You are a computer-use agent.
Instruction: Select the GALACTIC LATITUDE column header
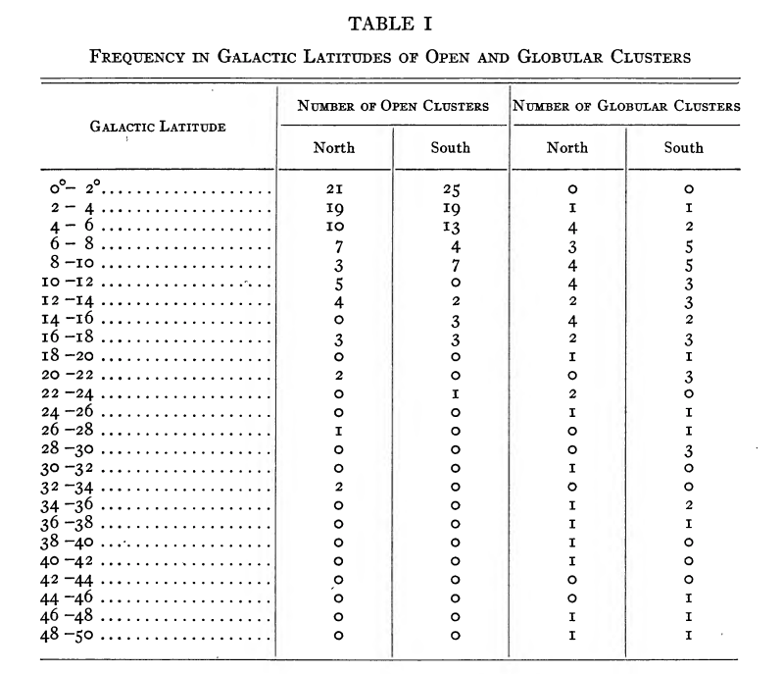point(159,127)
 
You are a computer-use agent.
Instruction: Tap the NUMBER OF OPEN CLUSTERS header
point(393,106)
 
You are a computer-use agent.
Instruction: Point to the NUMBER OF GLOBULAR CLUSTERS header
point(626,106)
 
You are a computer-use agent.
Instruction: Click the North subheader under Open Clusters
point(333,148)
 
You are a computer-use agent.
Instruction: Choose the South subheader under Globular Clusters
point(683,148)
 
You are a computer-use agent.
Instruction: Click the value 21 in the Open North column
point(333,189)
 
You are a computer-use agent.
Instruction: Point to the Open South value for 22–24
point(454,393)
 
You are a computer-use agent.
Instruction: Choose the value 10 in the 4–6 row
point(333,227)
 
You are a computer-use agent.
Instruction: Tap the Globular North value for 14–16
point(570,320)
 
